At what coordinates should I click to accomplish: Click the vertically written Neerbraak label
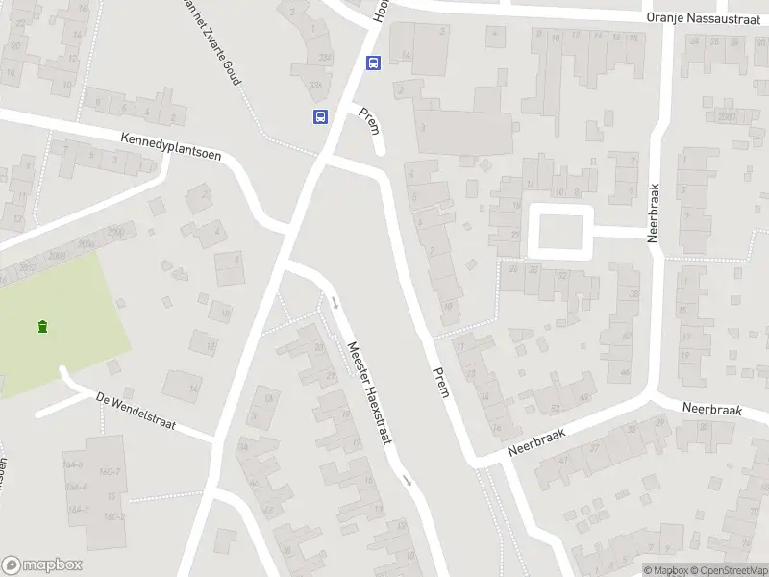pyautogui.click(x=653, y=213)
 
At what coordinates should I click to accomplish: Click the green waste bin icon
pyautogui.click(x=42, y=327)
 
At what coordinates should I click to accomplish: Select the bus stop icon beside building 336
pyautogui.click(x=320, y=117)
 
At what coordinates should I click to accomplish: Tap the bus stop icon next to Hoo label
pyautogui.click(x=373, y=63)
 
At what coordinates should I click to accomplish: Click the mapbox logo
pyautogui.click(x=42, y=565)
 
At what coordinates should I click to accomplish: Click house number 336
pyautogui.click(x=316, y=87)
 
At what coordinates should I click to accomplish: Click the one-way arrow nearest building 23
pyautogui.click(x=335, y=303)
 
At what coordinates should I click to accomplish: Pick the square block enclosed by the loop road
pyautogui.click(x=559, y=231)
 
